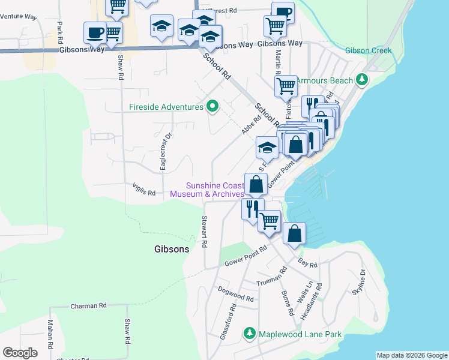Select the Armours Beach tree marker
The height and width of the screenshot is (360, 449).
(361, 79)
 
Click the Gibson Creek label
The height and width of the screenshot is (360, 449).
(368, 50)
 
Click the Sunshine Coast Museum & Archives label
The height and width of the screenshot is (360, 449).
(207, 190)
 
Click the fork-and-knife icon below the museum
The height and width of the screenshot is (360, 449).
(252, 208)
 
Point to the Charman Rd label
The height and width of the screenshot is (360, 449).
(88, 305)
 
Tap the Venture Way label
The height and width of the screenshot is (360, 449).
(18, 16)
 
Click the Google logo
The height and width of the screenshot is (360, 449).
(20, 353)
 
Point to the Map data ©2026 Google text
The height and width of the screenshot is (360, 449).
(412, 355)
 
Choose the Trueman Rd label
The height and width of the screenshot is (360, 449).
(272, 277)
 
